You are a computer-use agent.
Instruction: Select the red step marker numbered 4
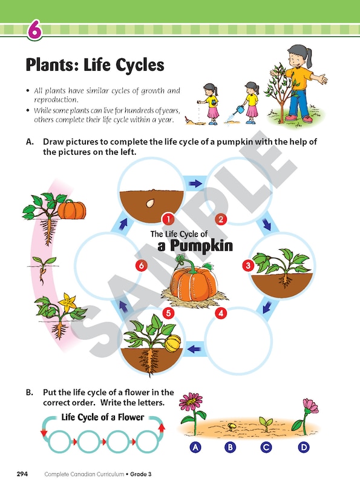pyautogui.click(x=221, y=313)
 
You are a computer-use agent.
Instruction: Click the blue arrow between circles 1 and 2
pyautogui.click(x=195, y=182)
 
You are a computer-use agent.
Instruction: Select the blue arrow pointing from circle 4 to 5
pyautogui.click(x=195, y=349)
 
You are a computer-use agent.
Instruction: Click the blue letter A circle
pyautogui.click(x=195, y=448)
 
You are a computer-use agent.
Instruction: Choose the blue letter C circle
pyautogui.click(x=266, y=448)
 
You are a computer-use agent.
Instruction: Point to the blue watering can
pyautogui.click(x=240, y=110)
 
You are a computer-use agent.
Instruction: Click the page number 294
pyautogui.click(x=22, y=474)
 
